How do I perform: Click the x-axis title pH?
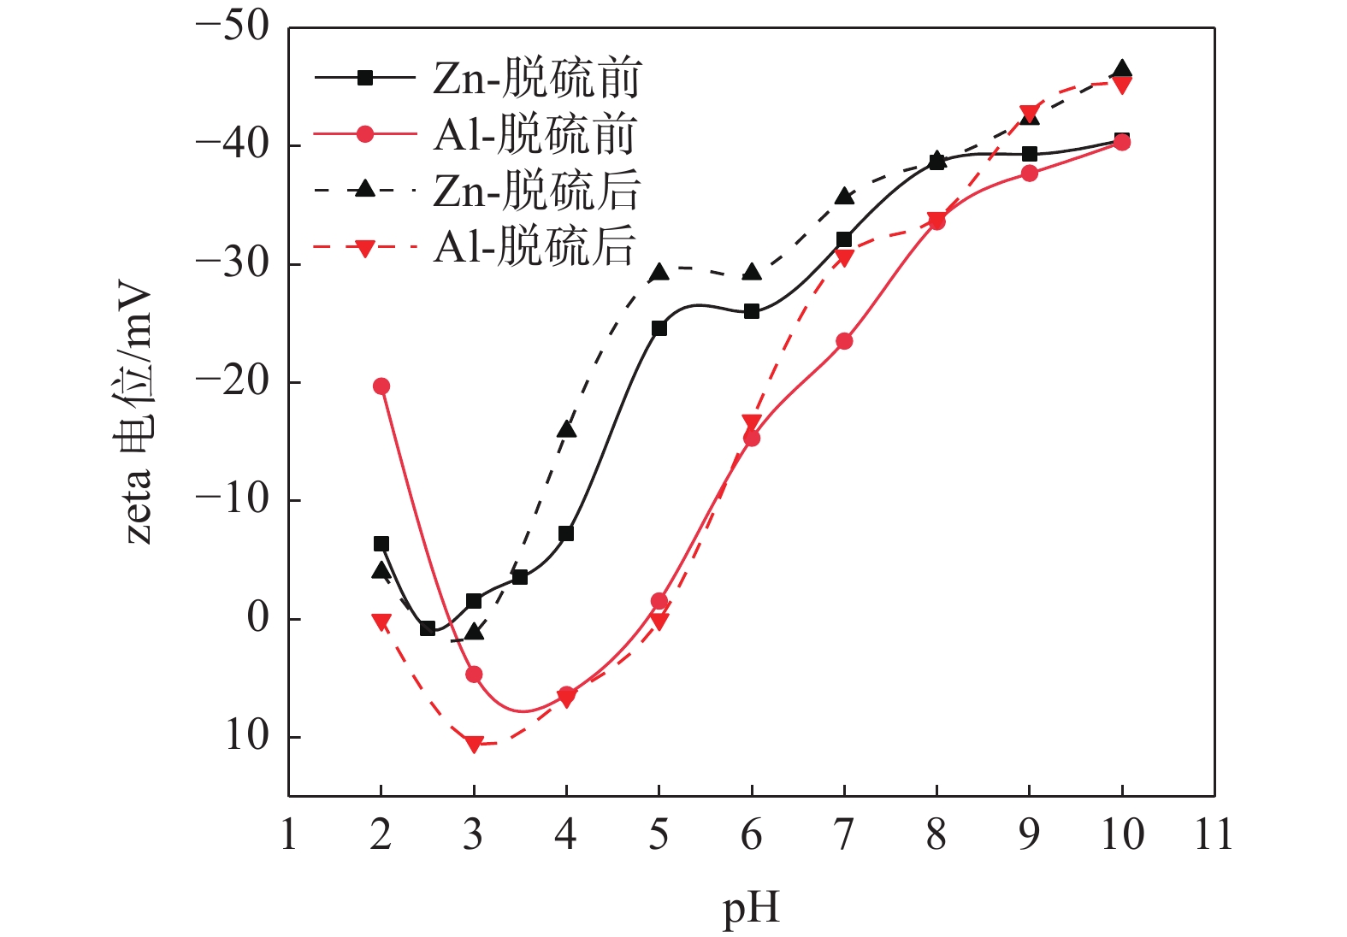click(751, 908)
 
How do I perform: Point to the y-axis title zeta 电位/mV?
click(137, 412)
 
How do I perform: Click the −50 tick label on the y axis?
click(232, 27)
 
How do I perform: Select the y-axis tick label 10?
click(246, 736)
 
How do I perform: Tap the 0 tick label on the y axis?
click(257, 617)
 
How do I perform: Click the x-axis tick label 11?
click(1214, 834)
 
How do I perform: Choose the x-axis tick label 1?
click(289, 834)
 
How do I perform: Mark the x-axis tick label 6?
click(751, 834)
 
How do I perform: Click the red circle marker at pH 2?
click(381, 386)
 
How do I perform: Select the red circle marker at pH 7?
click(844, 341)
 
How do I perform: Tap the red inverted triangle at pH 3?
click(474, 745)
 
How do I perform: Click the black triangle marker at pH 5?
click(659, 273)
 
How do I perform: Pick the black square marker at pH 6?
click(752, 311)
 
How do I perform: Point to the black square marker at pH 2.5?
click(428, 628)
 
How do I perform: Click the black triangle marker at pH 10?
click(1122, 69)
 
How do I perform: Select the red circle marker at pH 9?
click(1030, 174)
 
